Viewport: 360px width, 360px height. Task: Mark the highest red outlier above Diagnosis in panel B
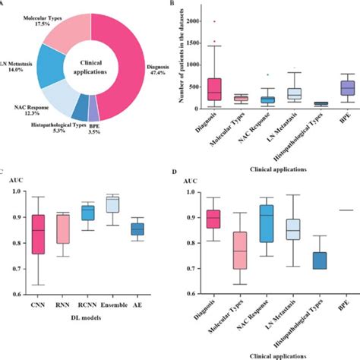[216, 23]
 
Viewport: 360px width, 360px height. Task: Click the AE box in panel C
[137, 228]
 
